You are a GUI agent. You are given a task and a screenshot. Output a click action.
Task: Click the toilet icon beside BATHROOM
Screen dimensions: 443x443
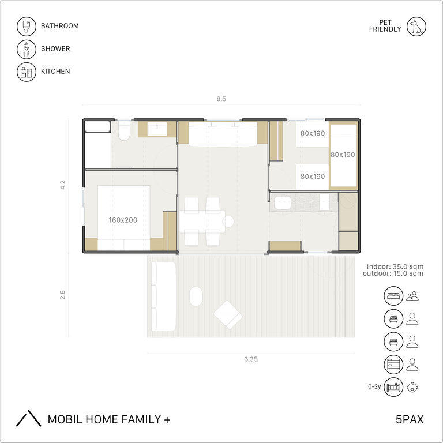pyautogui.click(x=27, y=27)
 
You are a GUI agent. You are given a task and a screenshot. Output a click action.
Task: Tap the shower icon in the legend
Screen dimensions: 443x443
pyautogui.click(x=27, y=49)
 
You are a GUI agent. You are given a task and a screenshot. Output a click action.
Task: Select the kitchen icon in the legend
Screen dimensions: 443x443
pyautogui.click(x=27, y=72)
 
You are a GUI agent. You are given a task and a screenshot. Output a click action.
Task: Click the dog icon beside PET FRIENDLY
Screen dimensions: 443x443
pyautogui.click(x=416, y=27)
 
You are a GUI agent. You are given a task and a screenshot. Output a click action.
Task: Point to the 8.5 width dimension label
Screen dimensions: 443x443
pyautogui.click(x=221, y=99)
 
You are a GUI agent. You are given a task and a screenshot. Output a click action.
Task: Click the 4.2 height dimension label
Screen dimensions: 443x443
pyautogui.click(x=62, y=185)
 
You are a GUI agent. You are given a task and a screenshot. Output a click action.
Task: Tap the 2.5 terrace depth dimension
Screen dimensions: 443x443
pyautogui.click(x=62, y=295)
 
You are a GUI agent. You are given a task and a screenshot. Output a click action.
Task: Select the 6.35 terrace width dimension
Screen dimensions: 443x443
pyautogui.click(x=251, y=359)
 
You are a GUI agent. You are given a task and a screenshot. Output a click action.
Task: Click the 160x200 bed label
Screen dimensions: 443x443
pyautogui.click(x=123, y=220)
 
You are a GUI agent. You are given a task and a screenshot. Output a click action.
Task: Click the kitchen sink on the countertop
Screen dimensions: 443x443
pyautogui.click(x=283, y=202)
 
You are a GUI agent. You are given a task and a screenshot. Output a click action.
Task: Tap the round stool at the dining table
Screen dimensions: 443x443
pyautogui.click(x=228, y=221)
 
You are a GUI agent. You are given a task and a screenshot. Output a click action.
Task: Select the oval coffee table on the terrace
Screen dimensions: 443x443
pyautogui.click(x=196, y=296)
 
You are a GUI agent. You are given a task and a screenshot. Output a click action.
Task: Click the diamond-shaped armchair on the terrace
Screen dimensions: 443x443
pyautogui.click(x=228, y=314)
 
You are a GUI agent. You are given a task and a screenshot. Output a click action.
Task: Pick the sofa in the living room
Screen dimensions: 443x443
pyautogui.click(x=223, y=134)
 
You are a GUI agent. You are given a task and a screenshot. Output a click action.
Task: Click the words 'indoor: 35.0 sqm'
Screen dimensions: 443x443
pyautogui.click(x=395, y=266)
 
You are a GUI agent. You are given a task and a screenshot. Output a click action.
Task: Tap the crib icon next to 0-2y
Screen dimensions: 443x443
pyautogui.click(x=393, y=387)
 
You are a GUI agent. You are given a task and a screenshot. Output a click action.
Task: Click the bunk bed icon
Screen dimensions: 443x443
pyautogui.click(x=393, y=364)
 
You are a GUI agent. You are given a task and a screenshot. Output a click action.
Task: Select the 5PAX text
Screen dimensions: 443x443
pyautogui.click(x=410, y=419)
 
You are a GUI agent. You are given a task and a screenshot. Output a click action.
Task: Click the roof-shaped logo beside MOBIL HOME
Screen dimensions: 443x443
pyautogui.click(x=28, y=418)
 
